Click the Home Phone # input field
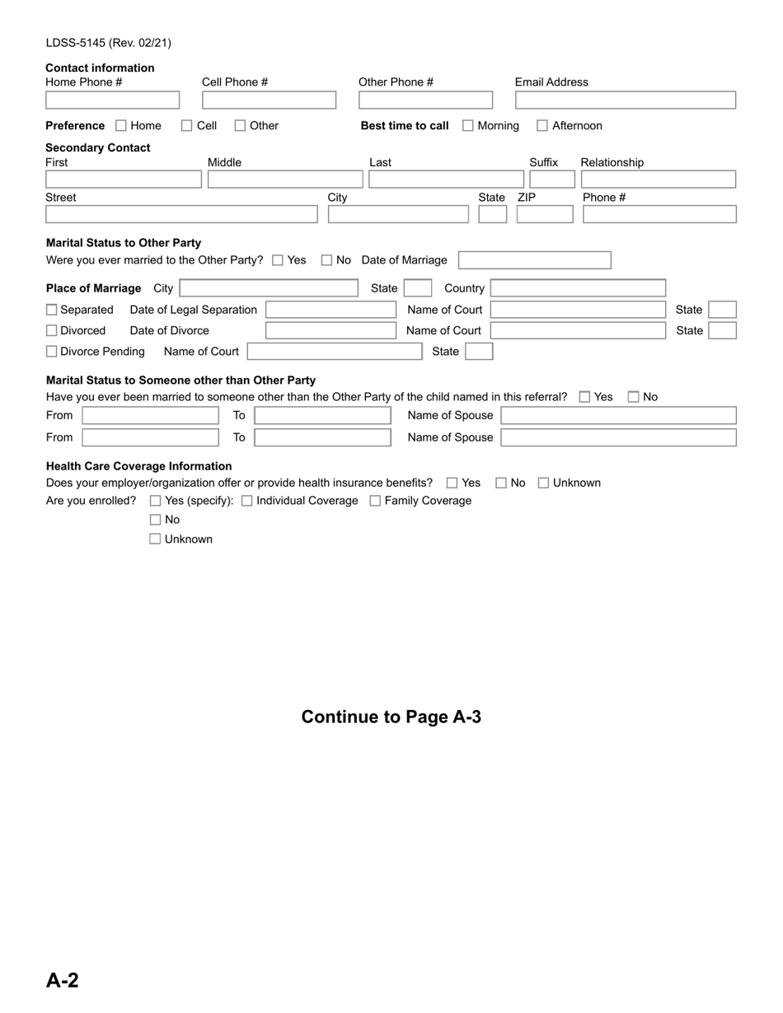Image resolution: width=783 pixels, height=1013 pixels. pos(112,100)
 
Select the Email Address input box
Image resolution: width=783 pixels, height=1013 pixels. pos(625,100)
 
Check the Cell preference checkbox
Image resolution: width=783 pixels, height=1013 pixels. pos(187,126)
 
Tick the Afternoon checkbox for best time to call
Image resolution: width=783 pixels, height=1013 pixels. pos(542,126)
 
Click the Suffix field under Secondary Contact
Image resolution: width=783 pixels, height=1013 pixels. pos(551,180)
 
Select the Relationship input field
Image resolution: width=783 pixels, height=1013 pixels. pos(658,180)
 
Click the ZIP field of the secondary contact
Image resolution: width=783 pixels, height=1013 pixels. pos(544,214)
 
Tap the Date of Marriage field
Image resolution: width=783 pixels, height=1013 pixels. pos(534,260)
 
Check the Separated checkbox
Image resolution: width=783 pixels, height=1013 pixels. pos(52,310)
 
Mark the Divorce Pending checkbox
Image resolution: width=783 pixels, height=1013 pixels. pos(52,352)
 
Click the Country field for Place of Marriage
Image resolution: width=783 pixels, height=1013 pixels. pos(578,288)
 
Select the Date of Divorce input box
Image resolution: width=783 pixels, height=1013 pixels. pos(331,330)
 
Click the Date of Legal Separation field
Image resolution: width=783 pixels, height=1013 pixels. pos(331,310)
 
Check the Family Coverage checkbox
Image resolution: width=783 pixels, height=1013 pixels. pos(375,501)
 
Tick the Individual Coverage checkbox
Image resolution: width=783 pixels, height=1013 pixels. pos(247,501)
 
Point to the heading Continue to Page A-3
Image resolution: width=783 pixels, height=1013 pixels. pos(391,717)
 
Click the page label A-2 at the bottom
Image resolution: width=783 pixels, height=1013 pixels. pos(63,980)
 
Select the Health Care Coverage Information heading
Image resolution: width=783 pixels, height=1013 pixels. pos(138,466)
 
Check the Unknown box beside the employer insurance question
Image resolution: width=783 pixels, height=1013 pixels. pos(543,483)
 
